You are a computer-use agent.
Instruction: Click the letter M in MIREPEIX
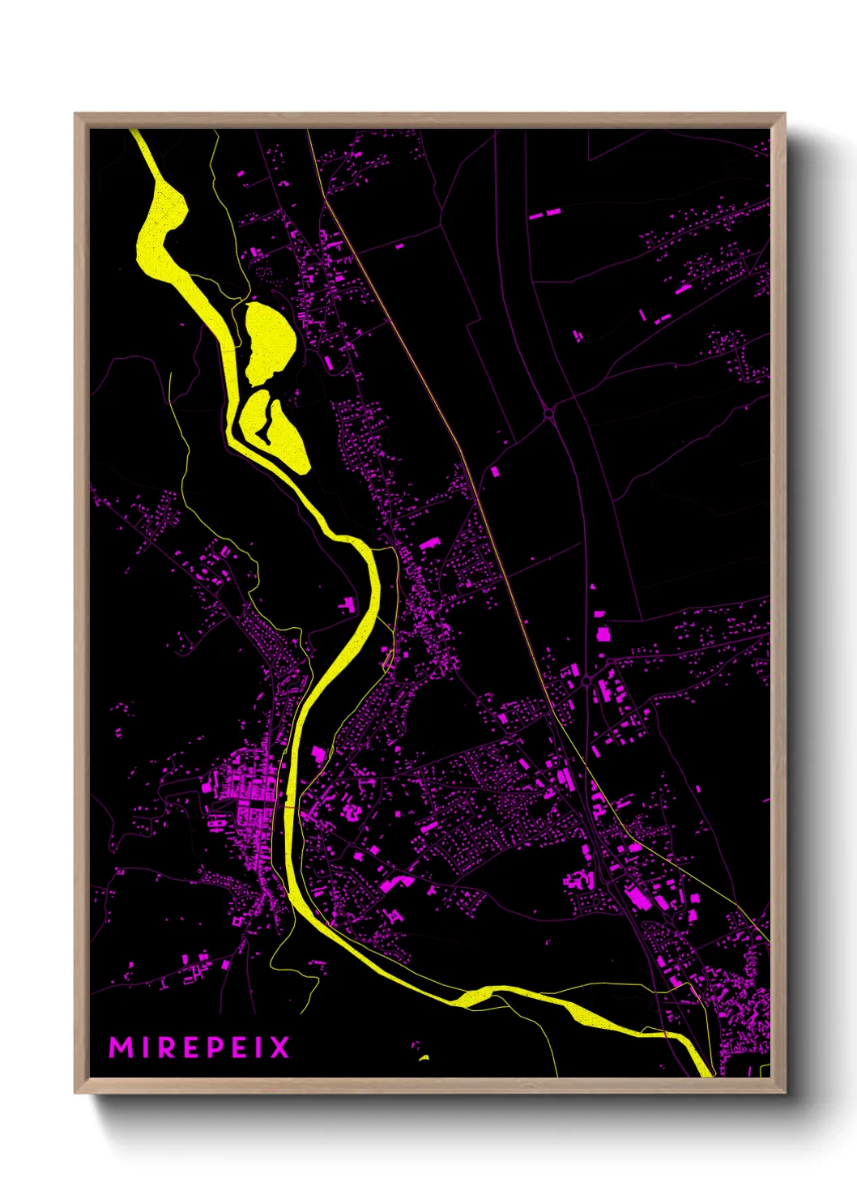pyautogui.click(x=121, y=1048)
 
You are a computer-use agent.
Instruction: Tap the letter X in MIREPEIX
pyautogui.click(x=279, y=1048)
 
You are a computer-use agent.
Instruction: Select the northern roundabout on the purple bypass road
pyautogui.click(x=548, y=413)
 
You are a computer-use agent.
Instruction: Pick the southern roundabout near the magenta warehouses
pyautogui.click(x=586, y=681)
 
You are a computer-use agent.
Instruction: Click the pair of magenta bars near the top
pyautogui.click(x=545, y=214)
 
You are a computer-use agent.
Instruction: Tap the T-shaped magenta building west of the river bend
pyautogui.click(x=347, y=603)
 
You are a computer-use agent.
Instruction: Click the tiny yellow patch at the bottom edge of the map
pyautogui.click(x=423, y=1057)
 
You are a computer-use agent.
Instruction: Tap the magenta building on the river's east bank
pyautogui.click(x=318, y=755)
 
